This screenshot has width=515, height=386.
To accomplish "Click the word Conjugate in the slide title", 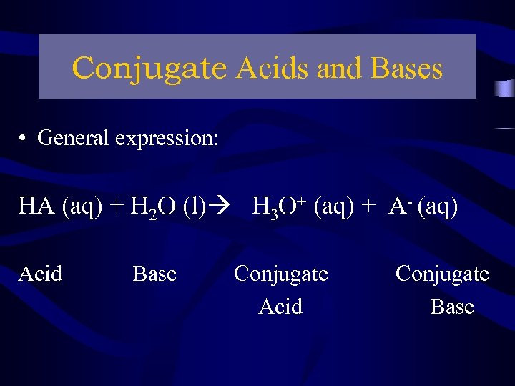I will point(149,69).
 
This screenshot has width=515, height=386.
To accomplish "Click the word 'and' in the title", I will point(338,69).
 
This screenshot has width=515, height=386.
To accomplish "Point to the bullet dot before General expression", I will point(24,138).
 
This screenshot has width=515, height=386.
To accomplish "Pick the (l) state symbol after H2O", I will point(194,207).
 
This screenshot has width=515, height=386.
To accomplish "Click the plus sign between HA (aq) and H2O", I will point(117,207).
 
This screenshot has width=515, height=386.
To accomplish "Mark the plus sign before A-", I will point(368,207).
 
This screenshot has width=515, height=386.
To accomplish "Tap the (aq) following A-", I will point(437,207).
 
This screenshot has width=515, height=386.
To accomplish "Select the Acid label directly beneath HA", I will point(40,274).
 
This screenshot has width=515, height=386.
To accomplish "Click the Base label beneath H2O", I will point(154,274).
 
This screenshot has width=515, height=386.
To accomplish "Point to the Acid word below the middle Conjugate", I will point(280,307).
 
